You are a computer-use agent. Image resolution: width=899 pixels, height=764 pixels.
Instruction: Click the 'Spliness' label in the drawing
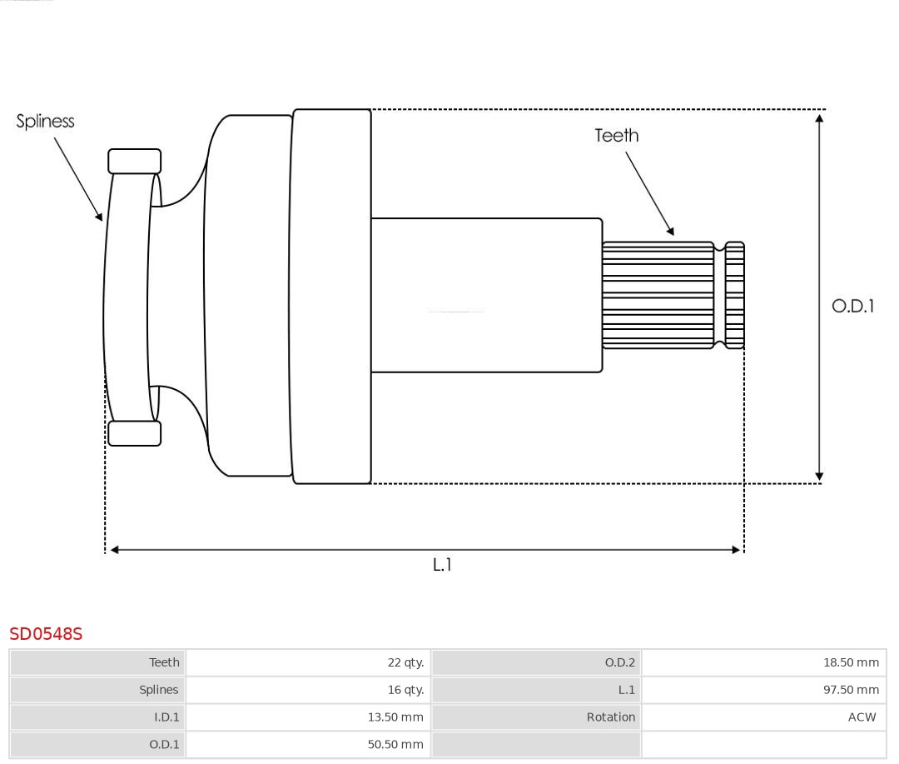pos(45,122)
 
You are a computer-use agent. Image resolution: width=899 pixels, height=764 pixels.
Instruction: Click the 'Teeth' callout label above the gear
pos(616,135)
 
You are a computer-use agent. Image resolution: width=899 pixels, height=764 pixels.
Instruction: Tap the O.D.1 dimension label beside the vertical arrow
pos(852,306)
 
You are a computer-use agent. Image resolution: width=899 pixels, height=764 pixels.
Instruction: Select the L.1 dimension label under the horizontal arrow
pos(441,565)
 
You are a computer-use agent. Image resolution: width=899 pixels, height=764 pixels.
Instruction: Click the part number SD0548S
pos(46,634)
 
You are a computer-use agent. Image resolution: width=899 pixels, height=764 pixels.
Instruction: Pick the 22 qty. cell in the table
pos(405,662)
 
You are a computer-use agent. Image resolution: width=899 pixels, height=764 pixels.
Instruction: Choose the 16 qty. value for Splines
pos(405,690)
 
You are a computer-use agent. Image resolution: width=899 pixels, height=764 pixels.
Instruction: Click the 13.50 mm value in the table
pos(395,717)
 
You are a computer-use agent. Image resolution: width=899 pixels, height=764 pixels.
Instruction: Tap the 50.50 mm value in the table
pos(395,744)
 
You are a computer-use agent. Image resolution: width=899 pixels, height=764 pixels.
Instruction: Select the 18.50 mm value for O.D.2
pos(851,662)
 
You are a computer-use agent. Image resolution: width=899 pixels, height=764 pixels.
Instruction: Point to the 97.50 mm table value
pos(851,690)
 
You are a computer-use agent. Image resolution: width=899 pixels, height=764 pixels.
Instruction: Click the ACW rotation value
pos(862,717)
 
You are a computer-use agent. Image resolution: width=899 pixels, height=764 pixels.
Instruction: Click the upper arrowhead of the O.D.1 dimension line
pos(819,118)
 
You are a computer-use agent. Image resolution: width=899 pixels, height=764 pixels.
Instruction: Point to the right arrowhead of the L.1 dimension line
pos(736,550)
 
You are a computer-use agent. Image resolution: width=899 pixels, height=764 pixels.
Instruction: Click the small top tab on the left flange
pos(134,161)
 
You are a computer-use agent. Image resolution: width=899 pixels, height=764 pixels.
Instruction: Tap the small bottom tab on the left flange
pos(134,433)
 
